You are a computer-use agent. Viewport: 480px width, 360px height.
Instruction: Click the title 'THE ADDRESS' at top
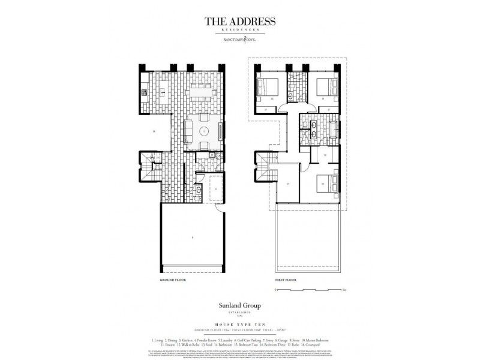(240, 22)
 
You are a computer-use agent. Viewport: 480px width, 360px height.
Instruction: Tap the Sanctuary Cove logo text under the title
(240, 41)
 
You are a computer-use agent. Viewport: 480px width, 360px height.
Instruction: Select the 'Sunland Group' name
(240, 305)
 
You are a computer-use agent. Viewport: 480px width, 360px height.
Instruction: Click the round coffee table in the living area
(203, 131)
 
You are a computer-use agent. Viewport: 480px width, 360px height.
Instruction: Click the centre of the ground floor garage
(191, 238)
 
